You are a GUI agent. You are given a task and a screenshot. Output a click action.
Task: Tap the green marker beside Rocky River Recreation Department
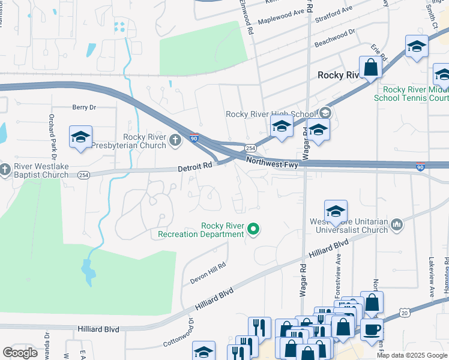(253, 229)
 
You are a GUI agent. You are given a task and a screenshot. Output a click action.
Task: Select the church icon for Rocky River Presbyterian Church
(175, 141)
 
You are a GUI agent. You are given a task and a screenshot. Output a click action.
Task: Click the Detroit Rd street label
(196, 169)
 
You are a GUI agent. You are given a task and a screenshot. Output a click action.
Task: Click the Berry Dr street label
(84, 107)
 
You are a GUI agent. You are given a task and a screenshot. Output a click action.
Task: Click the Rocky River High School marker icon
(325, 112)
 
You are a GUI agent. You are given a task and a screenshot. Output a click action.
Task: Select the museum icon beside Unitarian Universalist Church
(396, 225)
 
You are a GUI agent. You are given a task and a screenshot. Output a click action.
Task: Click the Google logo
(20, 352)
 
